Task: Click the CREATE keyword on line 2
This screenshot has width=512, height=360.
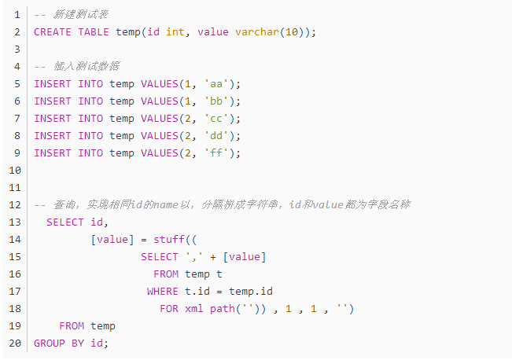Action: coord(52,32)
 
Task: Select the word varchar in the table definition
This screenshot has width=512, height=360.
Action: coord(257,32)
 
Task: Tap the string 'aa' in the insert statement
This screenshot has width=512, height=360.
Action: coord(216,84)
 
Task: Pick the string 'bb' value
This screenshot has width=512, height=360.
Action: coord(216,101)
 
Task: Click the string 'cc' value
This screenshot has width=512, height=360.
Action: coord(216,119)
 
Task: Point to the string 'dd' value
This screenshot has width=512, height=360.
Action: coord(216,136)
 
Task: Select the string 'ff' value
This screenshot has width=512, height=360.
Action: coord(216,153)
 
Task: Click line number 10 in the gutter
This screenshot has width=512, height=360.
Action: coord(15,171)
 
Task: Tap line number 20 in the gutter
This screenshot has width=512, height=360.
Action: coord(15,343)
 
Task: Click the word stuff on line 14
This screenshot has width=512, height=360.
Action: coord(169,240)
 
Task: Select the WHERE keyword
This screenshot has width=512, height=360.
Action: coord(163,292)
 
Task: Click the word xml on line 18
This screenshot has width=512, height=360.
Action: coord(194,309)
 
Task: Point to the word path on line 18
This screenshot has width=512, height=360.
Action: coord(223,309)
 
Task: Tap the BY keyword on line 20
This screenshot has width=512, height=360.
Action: coord(78,343)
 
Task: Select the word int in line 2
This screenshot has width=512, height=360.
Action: coord(175,32)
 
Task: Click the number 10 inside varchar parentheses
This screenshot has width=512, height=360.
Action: coord(292,32)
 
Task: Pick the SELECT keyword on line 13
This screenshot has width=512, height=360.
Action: coord(65,222)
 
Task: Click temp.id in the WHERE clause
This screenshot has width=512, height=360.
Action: coord(251,292)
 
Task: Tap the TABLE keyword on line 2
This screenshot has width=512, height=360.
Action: coord(94,32)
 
